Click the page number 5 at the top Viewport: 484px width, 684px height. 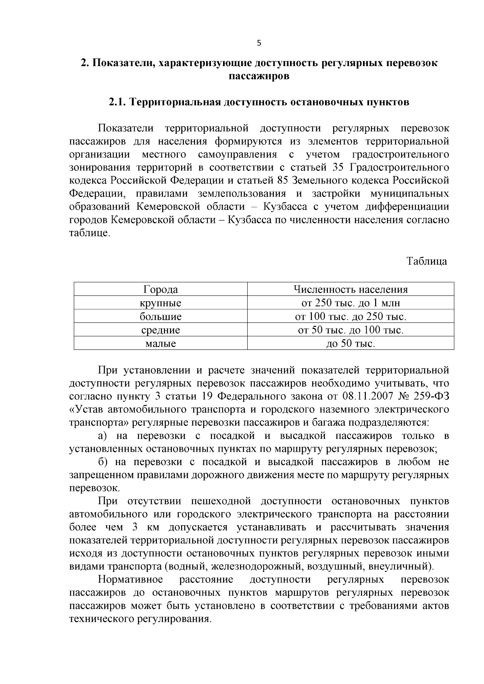[259, 43]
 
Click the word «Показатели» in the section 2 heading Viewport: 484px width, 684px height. [121, 63]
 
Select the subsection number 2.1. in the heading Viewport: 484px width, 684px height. [117, 102]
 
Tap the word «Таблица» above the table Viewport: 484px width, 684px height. [427, 261]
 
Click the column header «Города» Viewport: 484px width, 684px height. [161, 289]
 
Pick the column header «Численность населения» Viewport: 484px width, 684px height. [350, 289]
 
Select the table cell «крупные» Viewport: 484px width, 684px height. [161, 303]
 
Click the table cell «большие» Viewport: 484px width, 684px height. [161, 317]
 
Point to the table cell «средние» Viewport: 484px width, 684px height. [161, 331]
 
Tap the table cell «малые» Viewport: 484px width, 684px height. [161, 344]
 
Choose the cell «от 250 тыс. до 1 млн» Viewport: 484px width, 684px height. [350, 303]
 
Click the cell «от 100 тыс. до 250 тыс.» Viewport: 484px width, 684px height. [350, 317]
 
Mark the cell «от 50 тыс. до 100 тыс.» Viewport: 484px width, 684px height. [350, 331]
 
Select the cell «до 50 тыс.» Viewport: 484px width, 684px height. [350, 344]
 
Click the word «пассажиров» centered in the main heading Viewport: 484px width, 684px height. [259, 76]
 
